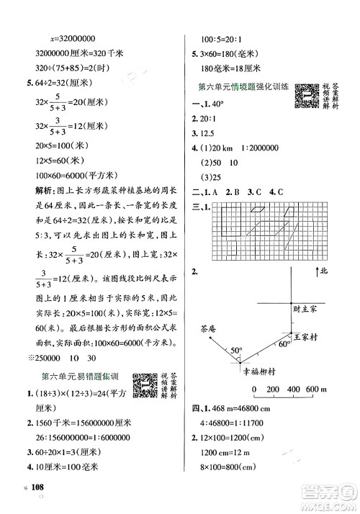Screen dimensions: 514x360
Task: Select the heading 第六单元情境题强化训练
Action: click(x=243, y=87)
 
